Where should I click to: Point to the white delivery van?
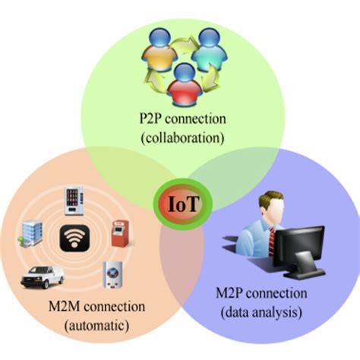tap(41, 276)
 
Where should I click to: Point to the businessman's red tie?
tap(271, 239)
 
